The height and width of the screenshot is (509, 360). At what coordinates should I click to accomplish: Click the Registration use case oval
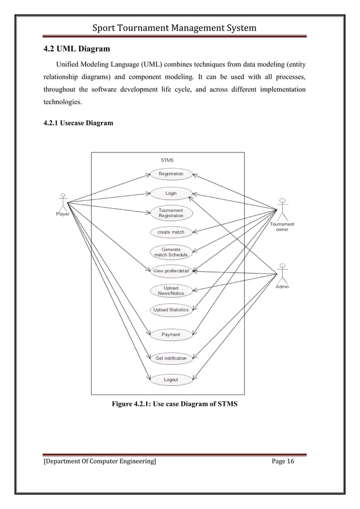(x=171, y=174)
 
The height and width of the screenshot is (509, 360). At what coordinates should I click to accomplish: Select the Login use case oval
(x=171, y=193)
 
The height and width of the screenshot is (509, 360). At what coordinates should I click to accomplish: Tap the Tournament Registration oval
(x=171, y=213)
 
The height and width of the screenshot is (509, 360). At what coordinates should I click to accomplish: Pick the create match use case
(x=171, y=232)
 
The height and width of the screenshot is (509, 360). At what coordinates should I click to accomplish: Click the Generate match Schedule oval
(x=171, y=252)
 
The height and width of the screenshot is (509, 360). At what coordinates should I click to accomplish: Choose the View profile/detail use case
(x=171, y=271)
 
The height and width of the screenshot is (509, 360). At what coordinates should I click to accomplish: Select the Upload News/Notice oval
(x=171, y=291)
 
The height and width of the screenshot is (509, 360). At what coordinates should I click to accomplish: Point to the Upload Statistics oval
(x=171, y=310)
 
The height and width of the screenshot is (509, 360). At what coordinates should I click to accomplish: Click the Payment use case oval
(x=171, y=335)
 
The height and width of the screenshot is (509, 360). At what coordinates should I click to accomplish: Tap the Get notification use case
(x=171, y=358)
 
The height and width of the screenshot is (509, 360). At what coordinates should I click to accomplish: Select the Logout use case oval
(x=171, y=380)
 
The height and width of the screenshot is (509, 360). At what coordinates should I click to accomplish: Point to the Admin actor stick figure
(x=282, y=273)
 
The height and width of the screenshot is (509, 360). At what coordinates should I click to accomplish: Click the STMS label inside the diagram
(x=167, y=160)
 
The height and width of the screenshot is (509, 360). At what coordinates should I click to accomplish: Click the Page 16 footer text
(x=283, y=462)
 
